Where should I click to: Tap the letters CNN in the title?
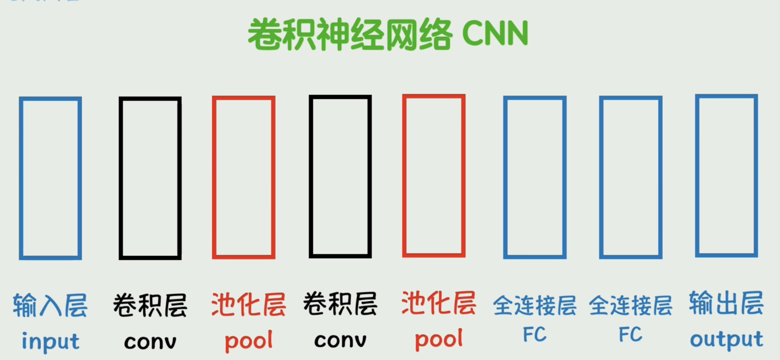(495, 35)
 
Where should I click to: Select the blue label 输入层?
(51, 305)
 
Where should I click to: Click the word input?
(51, 341)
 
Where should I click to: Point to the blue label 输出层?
(726, 303)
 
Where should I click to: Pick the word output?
(726, 340)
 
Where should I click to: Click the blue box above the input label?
(51, 178)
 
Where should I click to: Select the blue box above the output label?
(726, 175)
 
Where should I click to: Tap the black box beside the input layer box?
(150, 178)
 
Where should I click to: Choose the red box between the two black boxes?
(244, 177)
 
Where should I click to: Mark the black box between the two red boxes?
(341, 176)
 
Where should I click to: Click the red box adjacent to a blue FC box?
(434, 175)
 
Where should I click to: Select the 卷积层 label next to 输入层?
(150, 305)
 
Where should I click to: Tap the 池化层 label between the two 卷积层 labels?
(248, 305)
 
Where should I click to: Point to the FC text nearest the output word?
(630, 335)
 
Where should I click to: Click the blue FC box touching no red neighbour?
(630, 177)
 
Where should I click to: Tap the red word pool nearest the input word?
(248, 341)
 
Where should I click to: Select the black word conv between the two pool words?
(341, 340)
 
